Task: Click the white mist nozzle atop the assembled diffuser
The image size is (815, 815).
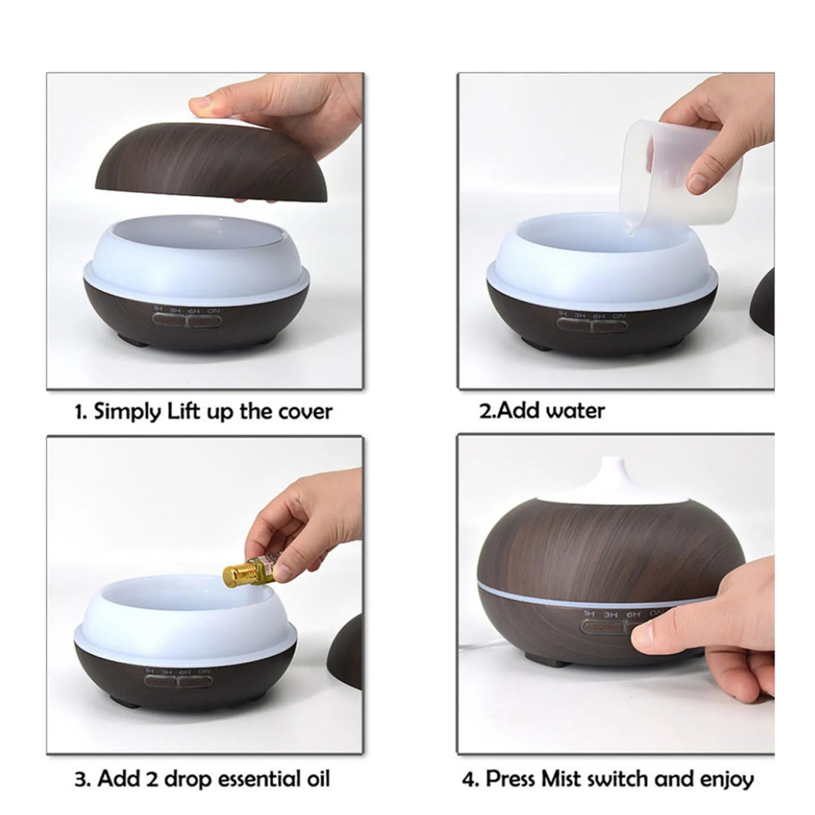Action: pos(613,479)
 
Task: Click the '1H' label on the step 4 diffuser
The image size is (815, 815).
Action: pos(589,613)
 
